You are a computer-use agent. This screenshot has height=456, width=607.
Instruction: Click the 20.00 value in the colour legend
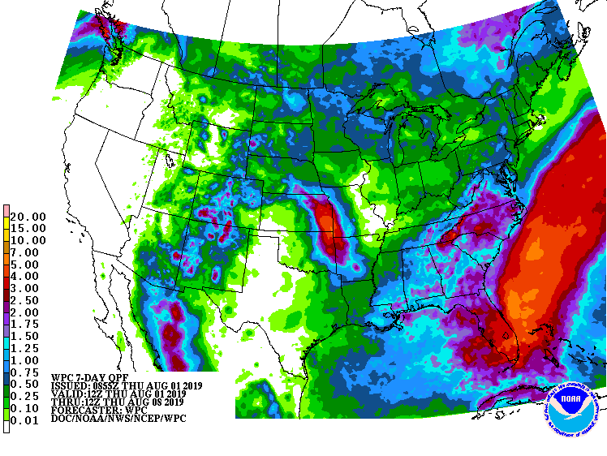pyautogui.click(x=28, y=217)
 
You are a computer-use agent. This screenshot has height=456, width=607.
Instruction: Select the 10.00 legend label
pyautogui.click(x=28, y=240)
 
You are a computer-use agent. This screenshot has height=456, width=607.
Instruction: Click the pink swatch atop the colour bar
pyautogui.click(x=6, y=211)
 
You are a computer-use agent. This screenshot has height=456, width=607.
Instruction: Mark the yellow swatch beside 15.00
pyautogui.click(x=6, y=228)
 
